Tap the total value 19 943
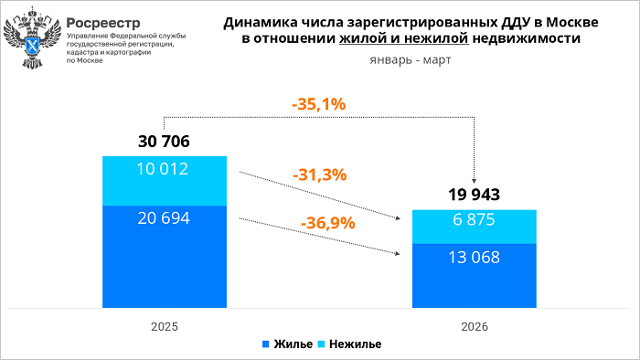(474, 195)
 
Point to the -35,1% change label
(318, 104)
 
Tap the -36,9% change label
(326, 221)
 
